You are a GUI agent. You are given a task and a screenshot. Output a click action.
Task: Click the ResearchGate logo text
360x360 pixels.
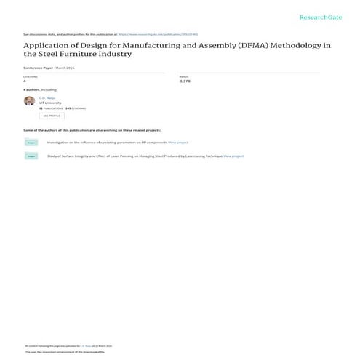[x=318, y=16]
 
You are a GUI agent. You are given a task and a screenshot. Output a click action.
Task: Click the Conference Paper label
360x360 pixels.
[x=38, y=67]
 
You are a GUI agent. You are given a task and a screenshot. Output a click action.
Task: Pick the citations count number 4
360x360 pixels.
[x=25, y=81]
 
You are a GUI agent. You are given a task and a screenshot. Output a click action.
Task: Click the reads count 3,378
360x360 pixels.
[x=185, y=81]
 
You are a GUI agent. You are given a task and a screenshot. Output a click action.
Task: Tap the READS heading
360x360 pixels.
[x=184, y=76]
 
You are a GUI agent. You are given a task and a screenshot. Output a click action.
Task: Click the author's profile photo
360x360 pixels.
[x=29, y=101]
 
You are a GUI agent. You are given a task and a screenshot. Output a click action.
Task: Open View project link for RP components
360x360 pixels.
[x=178, y=143]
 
